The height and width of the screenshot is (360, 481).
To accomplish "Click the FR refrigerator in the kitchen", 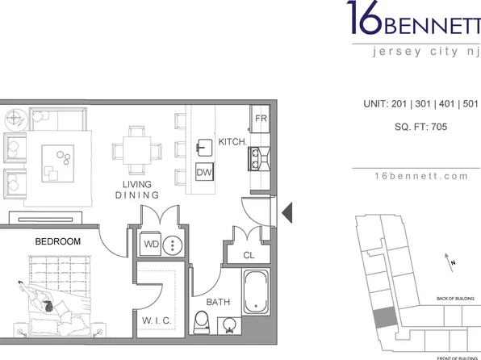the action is pyautogui.click(x=260, y=119).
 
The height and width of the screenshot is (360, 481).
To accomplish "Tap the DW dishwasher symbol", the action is pyautogui.click(x=204, y=172).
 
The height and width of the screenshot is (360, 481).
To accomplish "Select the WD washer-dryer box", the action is pyautogui.click(x=150, y=245).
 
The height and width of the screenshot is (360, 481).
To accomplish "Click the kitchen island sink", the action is pyautogui.click(x=204, y=148).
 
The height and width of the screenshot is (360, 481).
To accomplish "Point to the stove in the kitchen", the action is pyautogui.click(x=259, y=158).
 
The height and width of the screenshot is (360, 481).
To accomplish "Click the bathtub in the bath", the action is pyautogui.click(x=256, y=291).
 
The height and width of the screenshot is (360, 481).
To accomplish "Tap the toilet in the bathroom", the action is pyautogui.click(x=202, y=323).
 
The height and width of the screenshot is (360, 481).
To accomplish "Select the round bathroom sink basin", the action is pyautogui.click(x=229, y=324).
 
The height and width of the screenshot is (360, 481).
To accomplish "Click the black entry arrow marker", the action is pyautogui.click(x=287, y=212).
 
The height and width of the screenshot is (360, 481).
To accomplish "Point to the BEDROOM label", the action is pyautogui.click(x=58, y=241).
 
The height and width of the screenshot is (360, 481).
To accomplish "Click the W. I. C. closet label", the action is pyautogui.click(x=157, y=320).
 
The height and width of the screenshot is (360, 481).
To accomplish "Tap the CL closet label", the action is pyautogui.click(x=249, y=255).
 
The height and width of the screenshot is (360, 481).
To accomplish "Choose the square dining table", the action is pyautogui.click(x=137, y=150).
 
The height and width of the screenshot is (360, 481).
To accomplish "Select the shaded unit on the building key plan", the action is pyautogui.click(x=385, y=317).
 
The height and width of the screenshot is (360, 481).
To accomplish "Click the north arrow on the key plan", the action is pyautogui.click(x=449, y=262).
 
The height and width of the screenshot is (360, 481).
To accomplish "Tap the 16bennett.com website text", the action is pyautogui.click(x=421, y=176).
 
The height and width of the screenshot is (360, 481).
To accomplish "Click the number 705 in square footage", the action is pyautogui.click(x=439, y=127).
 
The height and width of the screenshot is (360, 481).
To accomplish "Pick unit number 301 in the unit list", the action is pyautogui.click(x=423, y=104).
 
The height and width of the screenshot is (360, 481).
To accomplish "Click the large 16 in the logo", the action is pyautogui.click(x=365, y=17).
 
